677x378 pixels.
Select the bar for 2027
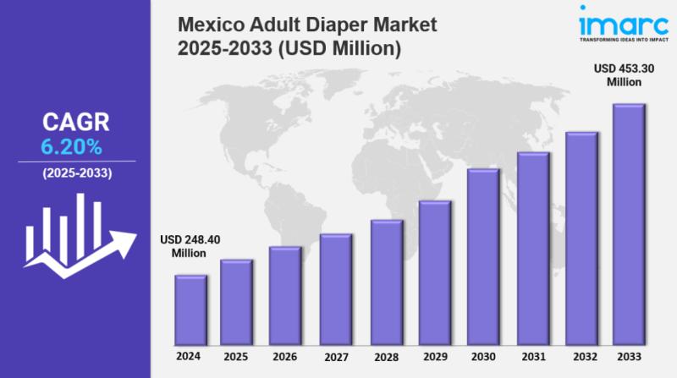click(x=336, y=288)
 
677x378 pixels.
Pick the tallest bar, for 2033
click(x=629, y=223)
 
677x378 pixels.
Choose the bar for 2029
click(x=435, y=271)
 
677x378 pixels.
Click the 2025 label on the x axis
click(x=236, y=356)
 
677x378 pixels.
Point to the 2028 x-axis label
click(x=385, y=356)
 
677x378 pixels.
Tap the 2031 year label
click(x=533, y=356)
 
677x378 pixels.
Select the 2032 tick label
click(x=582, y=356)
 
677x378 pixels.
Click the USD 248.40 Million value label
click(x=190, y=246)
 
